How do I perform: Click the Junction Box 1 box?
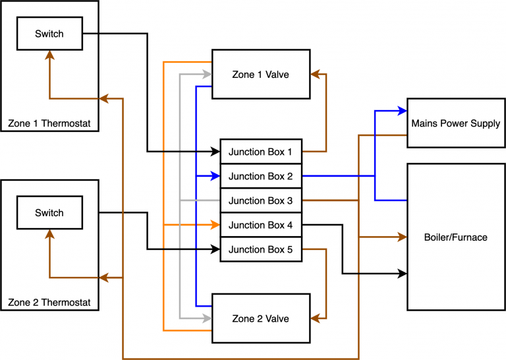click(x=261, y=152)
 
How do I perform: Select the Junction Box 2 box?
click(x=261, y=176)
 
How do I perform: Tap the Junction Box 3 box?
click(x=261, y=200)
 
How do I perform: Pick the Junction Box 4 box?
click(x=261, y=225)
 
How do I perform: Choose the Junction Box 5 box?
click(x=261, y=249)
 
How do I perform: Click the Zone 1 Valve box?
click(x=261, y=74)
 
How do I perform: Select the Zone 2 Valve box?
click(x=261, y=318)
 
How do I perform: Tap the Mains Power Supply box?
click(x=455, y=123)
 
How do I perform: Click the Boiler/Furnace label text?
click(x=455, y=237)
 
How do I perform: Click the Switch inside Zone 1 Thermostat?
click(x=49, y=33)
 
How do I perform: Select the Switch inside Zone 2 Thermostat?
click(x=49, y=212)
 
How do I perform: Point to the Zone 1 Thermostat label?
click(x=49, y=123)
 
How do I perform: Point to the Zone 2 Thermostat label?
click(x=49, y=303)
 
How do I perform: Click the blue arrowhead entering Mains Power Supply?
click(x=403, y=110)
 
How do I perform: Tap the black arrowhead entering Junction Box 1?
click(x=215, y=152)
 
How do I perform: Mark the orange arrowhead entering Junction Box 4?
click(x=215, y=225)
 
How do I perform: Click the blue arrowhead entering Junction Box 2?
click(x=215, y=176)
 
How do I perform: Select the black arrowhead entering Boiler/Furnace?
click(x=403, y=273)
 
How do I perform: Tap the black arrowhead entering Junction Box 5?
click(x=215, y=249)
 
